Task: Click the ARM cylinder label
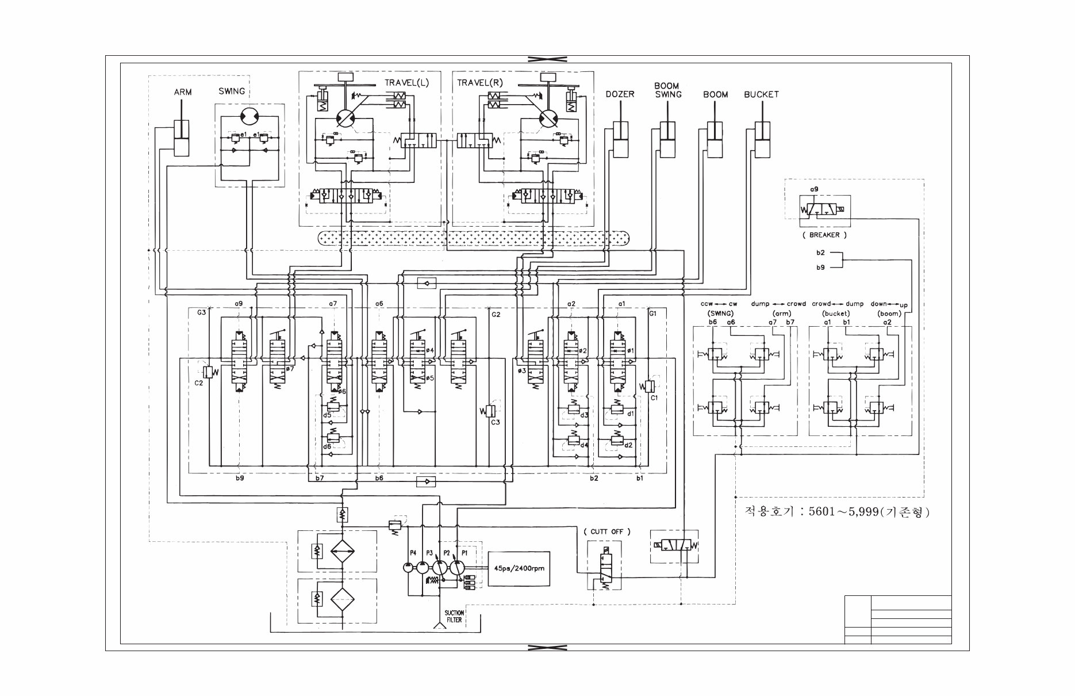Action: coord(183,92)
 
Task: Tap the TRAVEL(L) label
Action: coord(406,83)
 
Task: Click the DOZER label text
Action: coord(620,94)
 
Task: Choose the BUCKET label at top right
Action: coord(761,94)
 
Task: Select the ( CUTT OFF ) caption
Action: coord(606,531)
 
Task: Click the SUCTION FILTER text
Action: coord(454,617)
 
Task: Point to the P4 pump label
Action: coord(412,553)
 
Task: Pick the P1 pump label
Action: coord(464,553)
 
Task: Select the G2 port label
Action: coord(496,314)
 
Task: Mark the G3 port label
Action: coord(201,313)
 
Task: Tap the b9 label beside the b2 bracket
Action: coord(820,267)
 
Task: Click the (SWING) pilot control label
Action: coord(719,313)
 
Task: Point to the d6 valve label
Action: coord(327,446)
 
